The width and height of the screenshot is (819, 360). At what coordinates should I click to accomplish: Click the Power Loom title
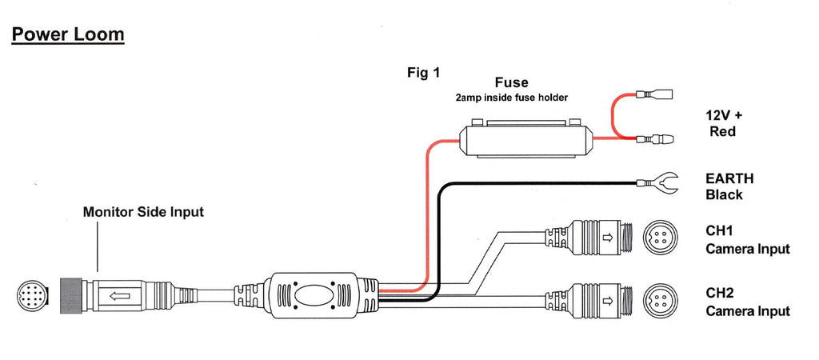pos(67,34)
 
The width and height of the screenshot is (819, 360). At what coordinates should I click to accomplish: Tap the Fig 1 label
pos(424,73)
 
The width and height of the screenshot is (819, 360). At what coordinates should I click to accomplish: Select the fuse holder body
pos(523,141)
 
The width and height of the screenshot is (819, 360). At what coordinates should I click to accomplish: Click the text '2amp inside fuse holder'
pos(512,98)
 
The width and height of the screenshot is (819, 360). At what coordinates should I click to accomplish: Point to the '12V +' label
pos(725,115)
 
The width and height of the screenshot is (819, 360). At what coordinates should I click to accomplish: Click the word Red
pos(722,131)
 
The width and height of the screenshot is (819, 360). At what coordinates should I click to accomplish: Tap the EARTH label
pos(729,178)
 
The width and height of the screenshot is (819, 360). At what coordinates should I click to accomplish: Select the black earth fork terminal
pos(660,184)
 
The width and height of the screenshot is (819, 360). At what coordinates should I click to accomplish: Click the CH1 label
pos(720,231)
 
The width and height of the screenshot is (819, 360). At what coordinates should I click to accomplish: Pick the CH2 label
pos(720,293)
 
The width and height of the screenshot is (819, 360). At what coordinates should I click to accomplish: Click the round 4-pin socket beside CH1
pos(661,238)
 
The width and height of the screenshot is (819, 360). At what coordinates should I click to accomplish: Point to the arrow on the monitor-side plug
pos(119,295)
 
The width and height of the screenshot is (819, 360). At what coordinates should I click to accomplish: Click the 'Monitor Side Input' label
pos(143,212)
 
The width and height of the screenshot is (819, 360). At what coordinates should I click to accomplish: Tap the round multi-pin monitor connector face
pos(33,296)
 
